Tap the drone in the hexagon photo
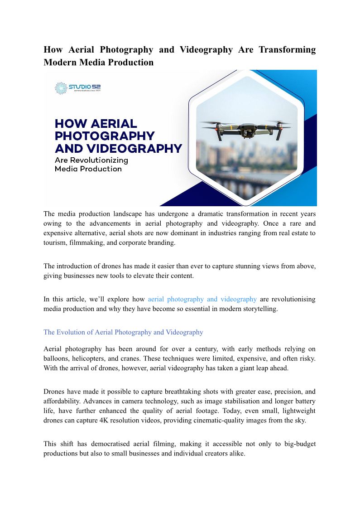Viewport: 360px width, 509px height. pyautogui.click(x=246, y=129)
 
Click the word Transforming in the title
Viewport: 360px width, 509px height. pyautogui.click(x=287, y=49)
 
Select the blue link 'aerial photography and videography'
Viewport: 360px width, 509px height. pyautogui.click(x=202, y=299)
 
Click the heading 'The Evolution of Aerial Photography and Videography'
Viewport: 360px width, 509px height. pyautogui.click(x=123, y=332)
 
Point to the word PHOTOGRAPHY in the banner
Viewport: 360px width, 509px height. pyautogui.click(x=105, y=136)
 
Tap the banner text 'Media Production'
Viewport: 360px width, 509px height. pyautogui.click(x=88, y=169)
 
